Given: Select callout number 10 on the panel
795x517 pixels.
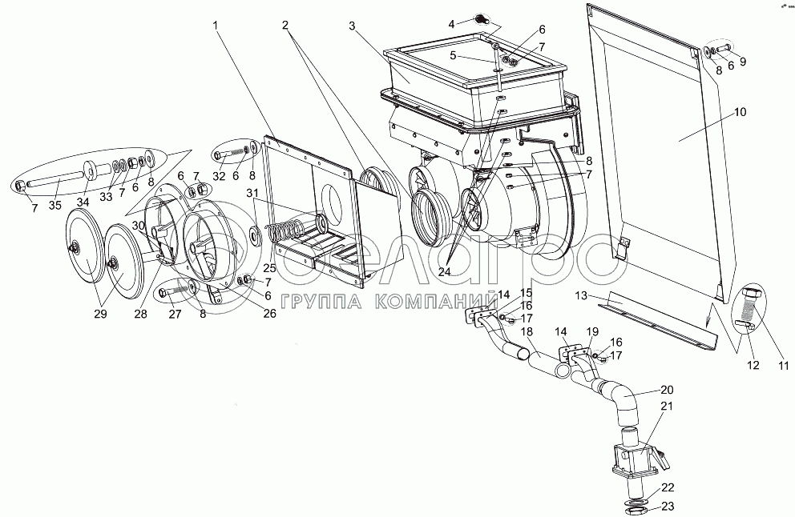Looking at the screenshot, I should [739, 112].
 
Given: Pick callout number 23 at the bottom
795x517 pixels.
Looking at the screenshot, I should [667, 506].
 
